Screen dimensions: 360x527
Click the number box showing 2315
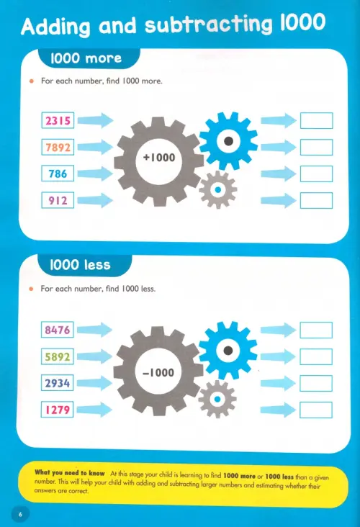pos(58,120)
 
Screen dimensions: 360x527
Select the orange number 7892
pos(58,147)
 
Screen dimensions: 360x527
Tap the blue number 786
pos(58,174)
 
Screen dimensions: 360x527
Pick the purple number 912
pos(58,200)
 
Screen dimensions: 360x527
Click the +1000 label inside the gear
pos(159,157)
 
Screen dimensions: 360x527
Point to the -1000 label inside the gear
pos(158,372)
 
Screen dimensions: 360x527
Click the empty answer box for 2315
pos(316,120)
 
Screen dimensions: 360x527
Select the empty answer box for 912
pos(316,200)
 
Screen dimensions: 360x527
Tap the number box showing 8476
pos(58,330)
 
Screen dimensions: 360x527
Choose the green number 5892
pos(58,356)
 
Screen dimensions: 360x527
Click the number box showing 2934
pos(58,383)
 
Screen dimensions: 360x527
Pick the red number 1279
pos(58,410)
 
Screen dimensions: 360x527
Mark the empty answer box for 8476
pos(316,330)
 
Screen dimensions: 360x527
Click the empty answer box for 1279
pos(316,410)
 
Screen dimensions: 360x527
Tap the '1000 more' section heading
pos(86,58)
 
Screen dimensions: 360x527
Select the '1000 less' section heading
pos(80,265)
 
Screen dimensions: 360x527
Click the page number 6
pos(20,515)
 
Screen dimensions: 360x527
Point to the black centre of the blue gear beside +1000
pos(228,141)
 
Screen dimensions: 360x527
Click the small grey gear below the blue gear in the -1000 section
pos(217,400)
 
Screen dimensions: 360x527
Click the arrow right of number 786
pos(96,174)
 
